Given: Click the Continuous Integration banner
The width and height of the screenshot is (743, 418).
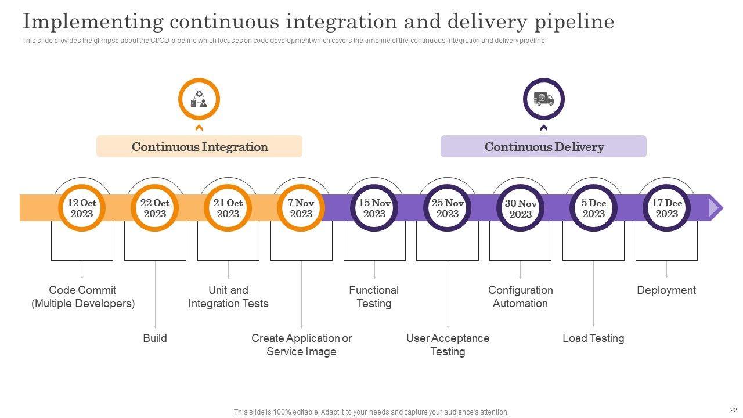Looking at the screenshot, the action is tap(199, 146).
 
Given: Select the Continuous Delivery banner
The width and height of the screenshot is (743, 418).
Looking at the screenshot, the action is tap(544, 146).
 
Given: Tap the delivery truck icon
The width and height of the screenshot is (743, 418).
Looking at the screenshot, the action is tap(544, 99).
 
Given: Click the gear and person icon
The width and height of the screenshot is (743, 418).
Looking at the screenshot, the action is tap(199, 99).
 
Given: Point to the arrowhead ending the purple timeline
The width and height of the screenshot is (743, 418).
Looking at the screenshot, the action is tap(716, 208).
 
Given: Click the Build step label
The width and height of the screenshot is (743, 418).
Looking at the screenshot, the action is tap(155, 338).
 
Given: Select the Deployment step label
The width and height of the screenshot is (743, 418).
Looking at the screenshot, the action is tap(666, 290).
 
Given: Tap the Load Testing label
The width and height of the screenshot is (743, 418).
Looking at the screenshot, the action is tap(593, 338).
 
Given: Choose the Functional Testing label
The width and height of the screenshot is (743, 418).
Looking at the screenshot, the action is tap(374, 297).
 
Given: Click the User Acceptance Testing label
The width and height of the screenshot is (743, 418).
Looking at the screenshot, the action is tap(448, 345).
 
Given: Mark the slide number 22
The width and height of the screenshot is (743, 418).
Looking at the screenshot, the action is tap(733, 410).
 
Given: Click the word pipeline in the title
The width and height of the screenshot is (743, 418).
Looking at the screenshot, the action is tap(574, 22).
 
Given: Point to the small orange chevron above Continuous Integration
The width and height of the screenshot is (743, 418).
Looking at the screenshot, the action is tap(199, 128).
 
